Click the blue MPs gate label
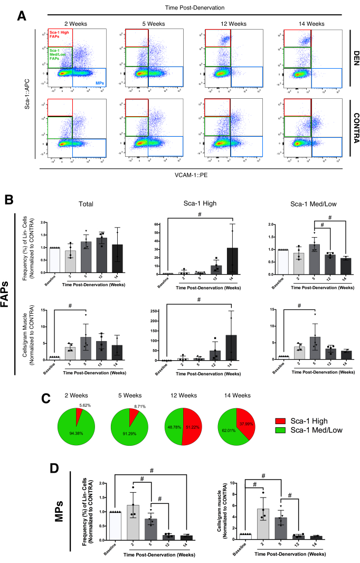[x=99, y=83]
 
